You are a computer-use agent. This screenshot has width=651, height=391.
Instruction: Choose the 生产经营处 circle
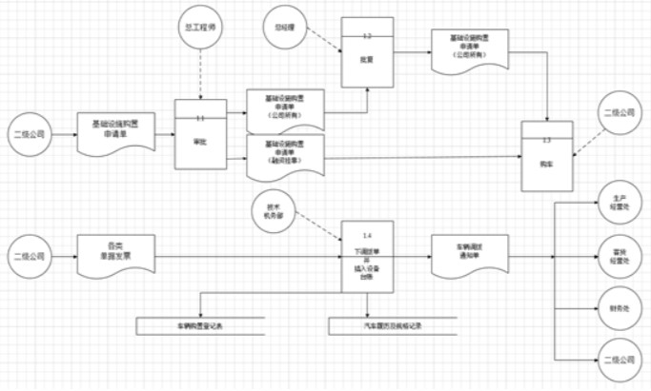tap(617, 206)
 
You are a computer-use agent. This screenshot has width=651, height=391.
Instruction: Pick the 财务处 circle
tap(617, 307)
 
